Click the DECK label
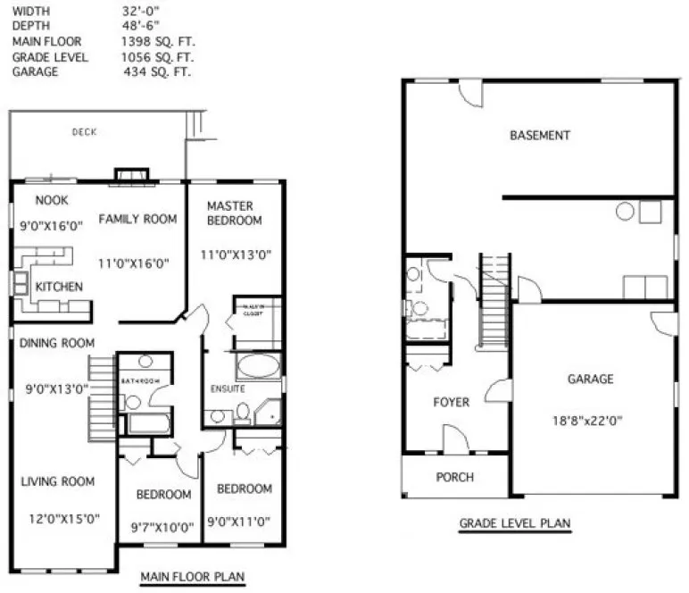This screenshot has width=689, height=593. click(85, 132)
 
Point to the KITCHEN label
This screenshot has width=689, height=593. click(59, 287)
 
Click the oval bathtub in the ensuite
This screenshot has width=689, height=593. click(258, 367)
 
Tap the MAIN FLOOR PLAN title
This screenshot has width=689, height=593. click(192, 577)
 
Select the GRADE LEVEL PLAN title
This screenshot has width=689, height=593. click(515, 523)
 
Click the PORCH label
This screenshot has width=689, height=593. click(454, 477)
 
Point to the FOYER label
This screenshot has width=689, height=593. click(452, 403)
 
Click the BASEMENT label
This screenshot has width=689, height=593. click(540, 136)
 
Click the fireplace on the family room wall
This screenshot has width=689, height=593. click(132, 175)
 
